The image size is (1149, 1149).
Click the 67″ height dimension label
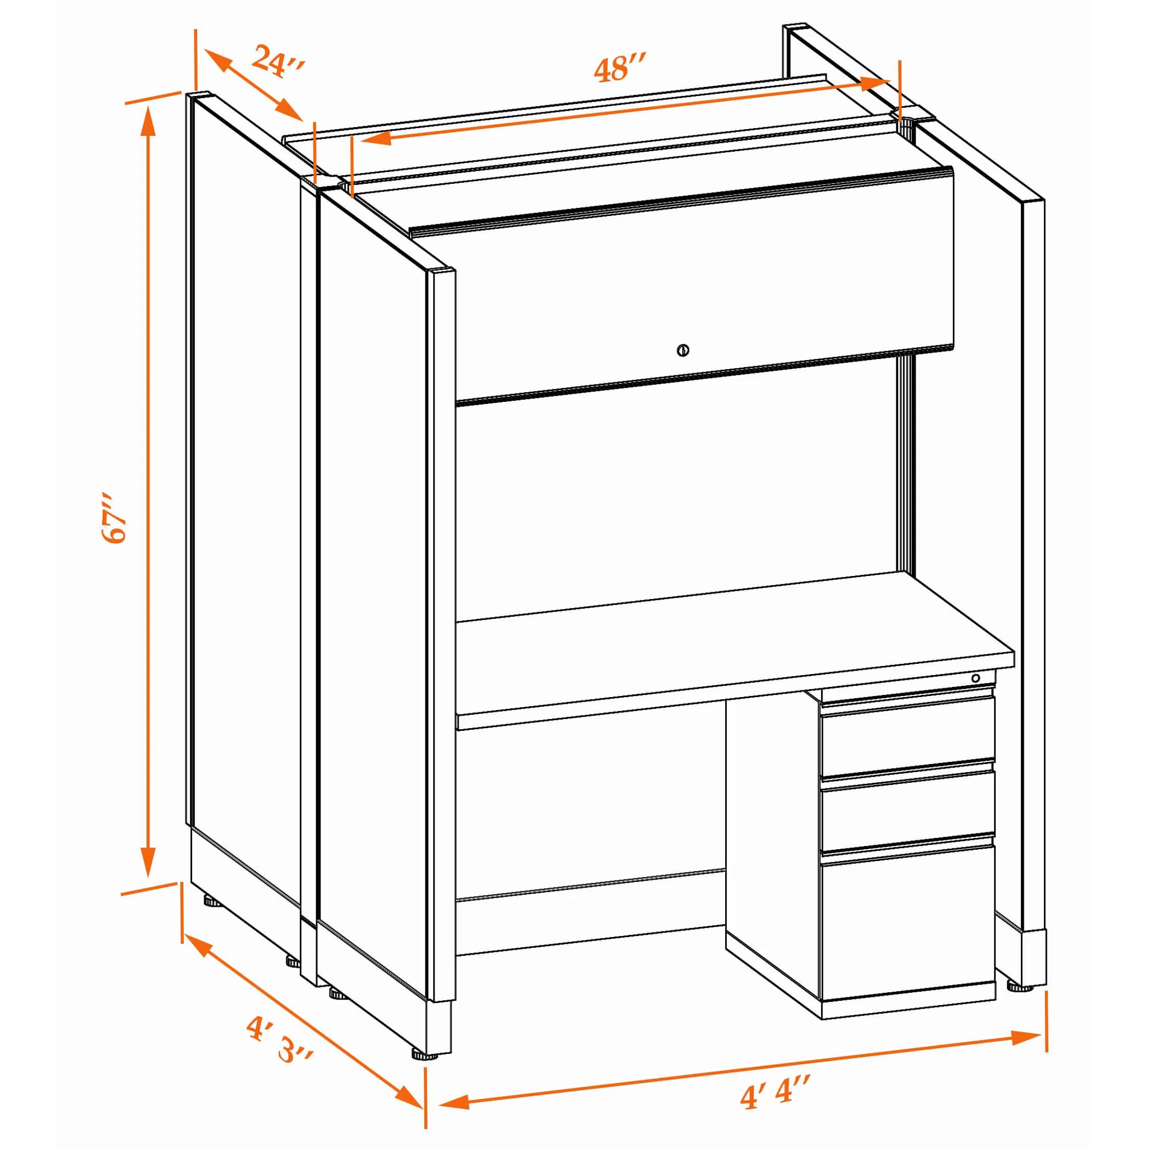[x=114, y=517]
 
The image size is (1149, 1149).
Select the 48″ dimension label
[x=620, y=67]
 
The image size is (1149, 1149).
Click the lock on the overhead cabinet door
[x=683, y=350]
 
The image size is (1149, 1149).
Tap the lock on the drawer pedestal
[x=975, y=679]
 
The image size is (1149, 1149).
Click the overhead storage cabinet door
[x=704, y=285]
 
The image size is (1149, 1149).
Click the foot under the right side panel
[x=1020, y=987]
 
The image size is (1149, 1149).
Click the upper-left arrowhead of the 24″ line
[x=217, y=60]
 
